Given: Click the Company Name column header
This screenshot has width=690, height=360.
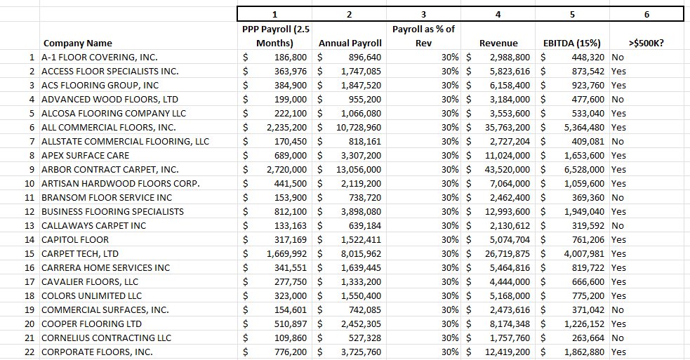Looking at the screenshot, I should pyautogui.click(x=77, y=43).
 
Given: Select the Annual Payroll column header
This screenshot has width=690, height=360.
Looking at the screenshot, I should pyautogui.click(x=350, y=43).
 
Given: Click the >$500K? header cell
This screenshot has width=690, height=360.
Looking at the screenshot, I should pyautogui.click(x=646, y=43).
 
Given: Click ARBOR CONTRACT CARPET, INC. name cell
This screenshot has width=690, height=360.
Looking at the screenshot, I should pyautogui.click(x=110, y=169).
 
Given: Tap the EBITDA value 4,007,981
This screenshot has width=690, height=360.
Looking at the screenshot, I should pyautogui.click(x=584, y=253).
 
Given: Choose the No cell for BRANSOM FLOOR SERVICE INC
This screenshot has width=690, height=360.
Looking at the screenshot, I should pyautogui.click(x=618, y=197).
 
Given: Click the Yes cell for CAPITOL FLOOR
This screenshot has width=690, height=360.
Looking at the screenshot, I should pyautogui.click(x=618, y=239).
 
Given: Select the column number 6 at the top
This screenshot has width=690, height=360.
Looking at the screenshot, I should pyautogui.click(x=646, y=14).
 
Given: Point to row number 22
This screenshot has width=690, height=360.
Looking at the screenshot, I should pyautogui.click(x=29, y=352).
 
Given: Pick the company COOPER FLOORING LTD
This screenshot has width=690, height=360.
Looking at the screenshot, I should pyautogui.click(x=91, y=324).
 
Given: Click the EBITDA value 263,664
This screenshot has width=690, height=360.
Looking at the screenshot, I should pyautogui.click(x=588, y=338).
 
